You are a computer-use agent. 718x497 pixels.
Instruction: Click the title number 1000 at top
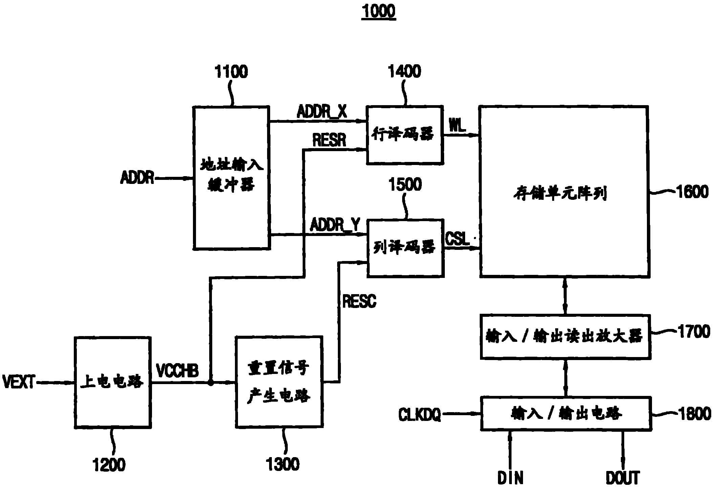coord(378,11)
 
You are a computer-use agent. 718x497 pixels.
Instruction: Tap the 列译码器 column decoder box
coord(405,248)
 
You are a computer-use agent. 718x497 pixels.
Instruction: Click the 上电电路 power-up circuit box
coord(113,382)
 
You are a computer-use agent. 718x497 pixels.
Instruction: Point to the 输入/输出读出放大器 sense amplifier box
coord(565,337)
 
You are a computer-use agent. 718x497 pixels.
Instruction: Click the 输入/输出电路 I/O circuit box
coord(566,413)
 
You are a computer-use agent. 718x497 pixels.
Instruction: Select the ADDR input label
coord(137,177)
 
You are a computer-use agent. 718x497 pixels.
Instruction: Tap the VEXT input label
coord(19,382)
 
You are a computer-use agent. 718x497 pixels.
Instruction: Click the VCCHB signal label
coord(177,371)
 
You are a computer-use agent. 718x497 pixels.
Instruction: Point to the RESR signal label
coord(329,140)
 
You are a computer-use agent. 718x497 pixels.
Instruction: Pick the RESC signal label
coord(359,301)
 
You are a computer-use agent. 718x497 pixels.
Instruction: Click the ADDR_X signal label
coord(322,112)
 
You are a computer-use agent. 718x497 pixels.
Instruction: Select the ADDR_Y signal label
coord(335,225)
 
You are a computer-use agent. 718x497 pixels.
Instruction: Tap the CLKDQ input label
coord(419,414)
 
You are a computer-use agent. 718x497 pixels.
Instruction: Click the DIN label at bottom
coord(510,478)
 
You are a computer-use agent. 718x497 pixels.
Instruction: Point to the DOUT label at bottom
coord(623,478)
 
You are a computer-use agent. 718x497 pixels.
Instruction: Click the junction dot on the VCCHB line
coord(211,383)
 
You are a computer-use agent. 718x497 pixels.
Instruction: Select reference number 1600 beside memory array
coord(692,192)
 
